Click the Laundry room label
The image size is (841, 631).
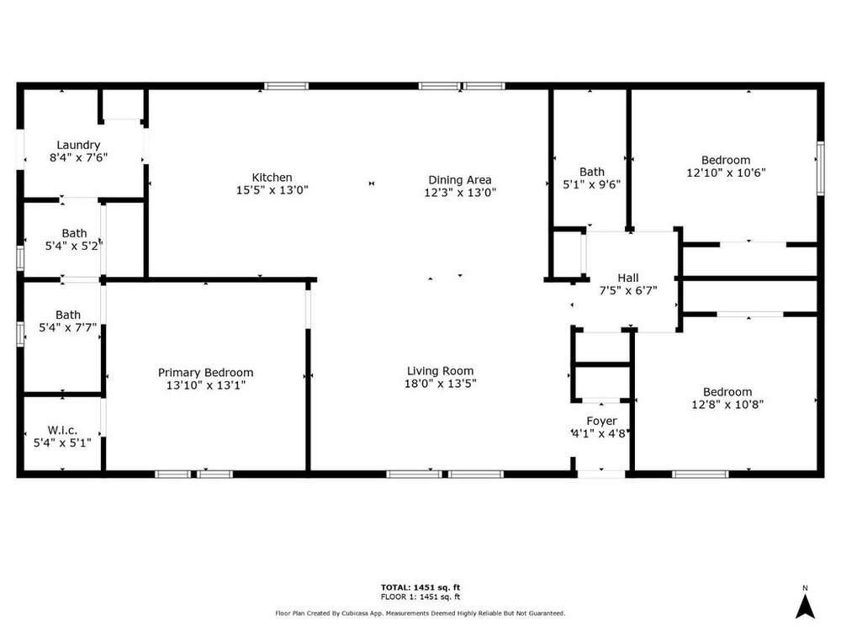(78, 145)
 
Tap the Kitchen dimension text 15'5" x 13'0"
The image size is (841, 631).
(272, 190)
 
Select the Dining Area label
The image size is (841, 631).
(460, 180)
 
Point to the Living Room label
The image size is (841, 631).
(440, 371)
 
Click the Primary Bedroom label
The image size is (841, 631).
(205, 373)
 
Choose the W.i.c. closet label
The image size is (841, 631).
(62, 430)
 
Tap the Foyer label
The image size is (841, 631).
(601, 422)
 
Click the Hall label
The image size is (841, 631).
(628, 278)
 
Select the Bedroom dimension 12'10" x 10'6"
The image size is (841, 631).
(726, 172)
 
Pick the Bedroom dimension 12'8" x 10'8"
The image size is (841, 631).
(727, 405)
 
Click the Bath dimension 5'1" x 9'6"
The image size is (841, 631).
(591, 184)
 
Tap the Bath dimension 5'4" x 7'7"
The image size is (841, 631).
(67, 327)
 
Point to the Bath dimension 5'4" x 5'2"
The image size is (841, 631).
(74, 246)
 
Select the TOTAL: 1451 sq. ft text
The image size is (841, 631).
(420, 587)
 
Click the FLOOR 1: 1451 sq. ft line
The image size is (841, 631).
(420, 597)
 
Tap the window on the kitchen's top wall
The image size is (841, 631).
(287, 86)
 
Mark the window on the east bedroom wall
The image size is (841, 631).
(820, 168)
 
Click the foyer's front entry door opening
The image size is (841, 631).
(601, 474)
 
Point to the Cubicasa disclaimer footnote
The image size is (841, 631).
(420, 613)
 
